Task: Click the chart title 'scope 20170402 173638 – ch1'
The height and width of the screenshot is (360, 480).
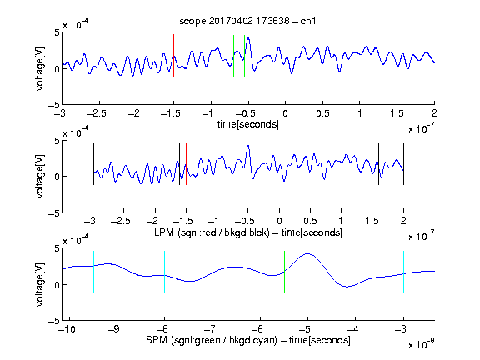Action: [x=247, y=21]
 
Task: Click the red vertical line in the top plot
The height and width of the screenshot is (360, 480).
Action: [x=173, y=55]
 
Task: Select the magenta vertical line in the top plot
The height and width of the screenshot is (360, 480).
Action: [x=397, y=55]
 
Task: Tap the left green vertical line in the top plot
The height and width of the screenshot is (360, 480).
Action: [x=233, y=56]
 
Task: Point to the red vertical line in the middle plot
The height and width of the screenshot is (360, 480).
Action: [x=186, y=164]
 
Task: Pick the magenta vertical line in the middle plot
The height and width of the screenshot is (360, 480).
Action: [x=372, y=164]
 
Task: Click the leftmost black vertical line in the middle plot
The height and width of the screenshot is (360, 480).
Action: [x=93, y=164]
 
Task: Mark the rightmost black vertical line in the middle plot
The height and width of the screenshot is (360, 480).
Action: [x=403, y=164]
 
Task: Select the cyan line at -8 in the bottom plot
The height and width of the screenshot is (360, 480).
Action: [x=164, y=272]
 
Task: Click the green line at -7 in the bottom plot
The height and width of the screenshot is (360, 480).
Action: [x=212, y=272]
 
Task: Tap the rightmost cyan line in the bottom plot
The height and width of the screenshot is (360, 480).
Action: [x=403, y=272]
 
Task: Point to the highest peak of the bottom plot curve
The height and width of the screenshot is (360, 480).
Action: [x=307, y=253]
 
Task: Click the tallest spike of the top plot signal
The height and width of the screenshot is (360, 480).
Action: [x=248, y=38]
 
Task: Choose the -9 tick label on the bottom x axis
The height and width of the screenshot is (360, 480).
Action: [x=114, y=329]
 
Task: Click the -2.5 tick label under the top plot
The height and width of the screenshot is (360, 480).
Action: [x=96, y=113]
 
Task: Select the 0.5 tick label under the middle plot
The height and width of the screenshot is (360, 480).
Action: [x=310, y=221]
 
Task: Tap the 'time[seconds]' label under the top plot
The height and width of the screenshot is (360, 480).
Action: [x=248, y=124]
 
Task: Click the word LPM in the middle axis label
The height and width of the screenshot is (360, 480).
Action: [x=164, y=232]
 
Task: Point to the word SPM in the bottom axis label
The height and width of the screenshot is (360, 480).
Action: [x=157, y=340]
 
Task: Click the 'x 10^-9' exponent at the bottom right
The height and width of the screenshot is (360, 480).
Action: [x=421, y=344]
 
